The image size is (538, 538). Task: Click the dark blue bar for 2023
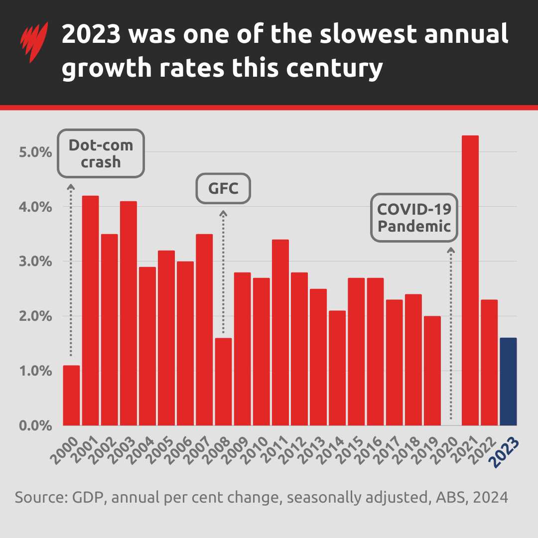[508, 382]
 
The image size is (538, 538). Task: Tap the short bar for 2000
[71, 396]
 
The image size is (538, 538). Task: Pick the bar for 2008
[223, 382]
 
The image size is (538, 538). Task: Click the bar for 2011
[280, 332]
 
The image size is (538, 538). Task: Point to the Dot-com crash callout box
[101, 153]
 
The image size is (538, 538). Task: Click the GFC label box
[223, 188]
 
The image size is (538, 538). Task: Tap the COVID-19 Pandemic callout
[413, 218]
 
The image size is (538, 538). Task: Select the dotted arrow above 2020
[451, 334]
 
